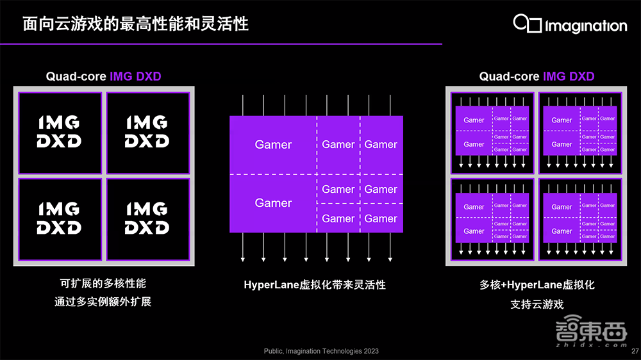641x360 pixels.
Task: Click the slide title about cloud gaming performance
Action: pos(135,24)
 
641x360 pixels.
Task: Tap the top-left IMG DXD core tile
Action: pos(60,133)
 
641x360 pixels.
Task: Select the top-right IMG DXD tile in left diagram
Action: pos(147,133)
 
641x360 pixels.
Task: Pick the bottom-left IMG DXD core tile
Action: pos(60,219)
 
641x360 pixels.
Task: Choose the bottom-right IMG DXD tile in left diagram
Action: pos(147,219)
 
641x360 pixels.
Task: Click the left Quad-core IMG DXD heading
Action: pos(103,77)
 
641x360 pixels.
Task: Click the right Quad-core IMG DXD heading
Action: pos(537,77)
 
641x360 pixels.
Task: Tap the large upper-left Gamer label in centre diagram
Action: pos(273,145)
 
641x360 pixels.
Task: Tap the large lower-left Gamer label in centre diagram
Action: pos(273,203)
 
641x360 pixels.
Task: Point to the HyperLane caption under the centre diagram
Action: pos(315,284)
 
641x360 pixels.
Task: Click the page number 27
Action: pos(635,351)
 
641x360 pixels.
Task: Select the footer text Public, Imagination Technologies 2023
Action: pos(321,351)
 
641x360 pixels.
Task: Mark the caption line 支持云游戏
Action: pos(537,304)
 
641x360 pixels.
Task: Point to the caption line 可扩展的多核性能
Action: pos(103,283)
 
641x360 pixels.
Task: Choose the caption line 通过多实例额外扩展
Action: pos(103,301)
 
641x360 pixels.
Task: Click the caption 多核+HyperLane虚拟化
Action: pos(537,285)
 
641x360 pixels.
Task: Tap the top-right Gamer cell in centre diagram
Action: pos(381,145)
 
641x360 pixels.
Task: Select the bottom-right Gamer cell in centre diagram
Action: pos(381,218)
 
